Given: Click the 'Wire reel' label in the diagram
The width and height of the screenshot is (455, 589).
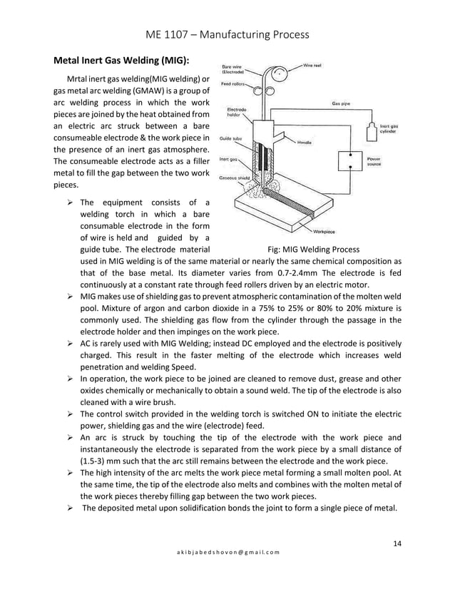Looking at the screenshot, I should click(x=312, y=66).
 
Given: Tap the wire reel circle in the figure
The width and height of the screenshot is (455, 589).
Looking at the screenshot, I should click(x=280, y=74).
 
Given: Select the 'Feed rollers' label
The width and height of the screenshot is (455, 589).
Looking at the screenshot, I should click(x=232, y=84).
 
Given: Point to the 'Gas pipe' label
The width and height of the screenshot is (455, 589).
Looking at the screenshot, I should click(x=341, y=103).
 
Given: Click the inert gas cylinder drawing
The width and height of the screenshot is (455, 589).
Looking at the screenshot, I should click(x=372, y=130).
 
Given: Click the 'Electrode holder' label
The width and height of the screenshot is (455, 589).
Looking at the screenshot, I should click(x=237, y=112).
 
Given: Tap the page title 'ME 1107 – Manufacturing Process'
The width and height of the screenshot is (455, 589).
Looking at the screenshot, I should click(x=227, y=34).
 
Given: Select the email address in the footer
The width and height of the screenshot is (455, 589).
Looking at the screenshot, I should click(x=227, y=553).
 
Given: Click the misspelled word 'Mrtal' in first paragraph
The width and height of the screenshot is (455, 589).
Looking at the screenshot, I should click(x=78, y=78).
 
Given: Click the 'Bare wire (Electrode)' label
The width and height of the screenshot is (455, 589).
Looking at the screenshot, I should click(x=233, y=69).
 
